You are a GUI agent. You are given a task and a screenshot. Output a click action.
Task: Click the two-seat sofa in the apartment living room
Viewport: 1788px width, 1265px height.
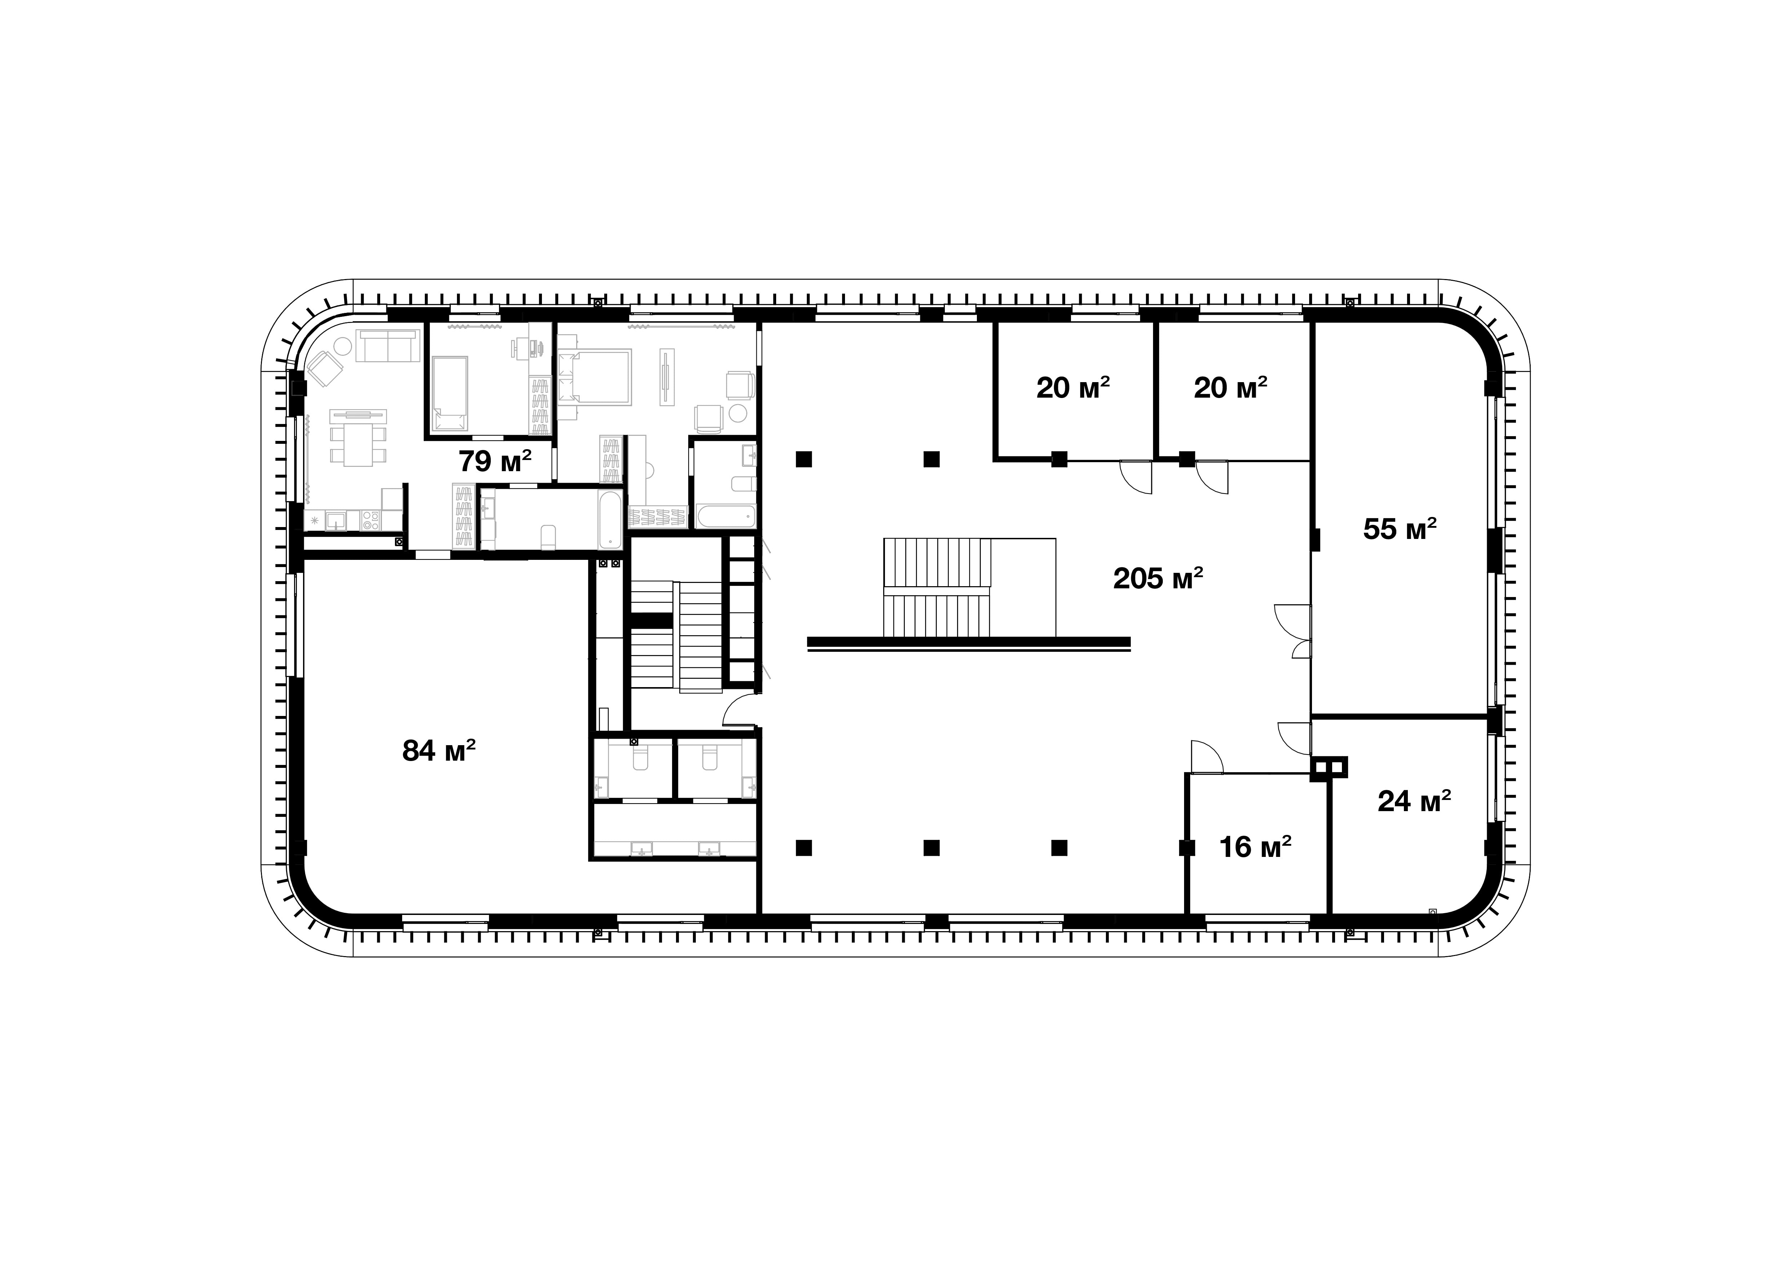pos(387,345)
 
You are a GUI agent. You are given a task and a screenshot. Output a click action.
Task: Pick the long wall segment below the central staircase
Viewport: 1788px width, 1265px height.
pos(969,642)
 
